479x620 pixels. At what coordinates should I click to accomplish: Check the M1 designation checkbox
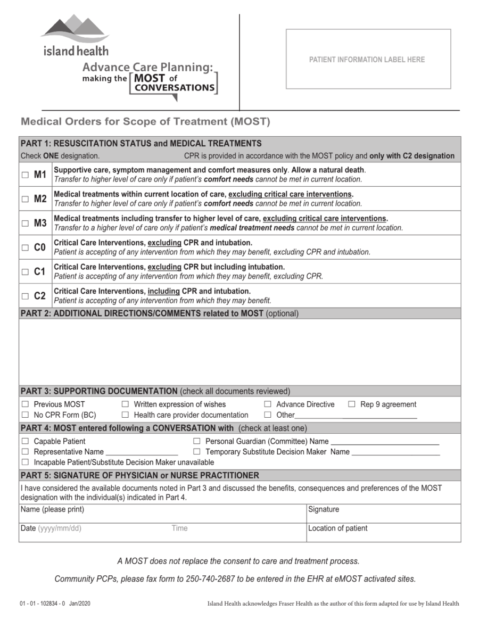coord(25,175)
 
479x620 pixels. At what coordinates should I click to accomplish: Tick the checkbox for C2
coord(25,296)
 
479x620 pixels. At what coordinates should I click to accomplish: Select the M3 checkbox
coord(25,224)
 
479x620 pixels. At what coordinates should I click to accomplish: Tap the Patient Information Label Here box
coord(368,59)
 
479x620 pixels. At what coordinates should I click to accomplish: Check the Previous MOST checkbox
coord(25,404)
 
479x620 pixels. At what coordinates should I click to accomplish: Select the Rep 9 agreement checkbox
coord(352,404)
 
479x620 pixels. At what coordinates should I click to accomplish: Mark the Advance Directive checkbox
coord(268,404)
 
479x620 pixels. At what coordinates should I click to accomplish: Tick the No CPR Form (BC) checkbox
coord(25,415)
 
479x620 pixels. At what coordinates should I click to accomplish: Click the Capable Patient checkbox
coord(25,441)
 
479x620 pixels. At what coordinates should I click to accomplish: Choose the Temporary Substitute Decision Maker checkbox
coord(196,452)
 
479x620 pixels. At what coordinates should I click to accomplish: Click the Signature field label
coord(323,509)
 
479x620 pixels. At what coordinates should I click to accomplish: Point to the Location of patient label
coord(337,528)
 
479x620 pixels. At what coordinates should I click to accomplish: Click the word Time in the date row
coord(179,528)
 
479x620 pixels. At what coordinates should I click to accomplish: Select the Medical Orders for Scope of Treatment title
coord(145,121)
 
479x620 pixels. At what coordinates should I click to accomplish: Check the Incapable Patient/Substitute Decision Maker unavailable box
coord(25,462)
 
